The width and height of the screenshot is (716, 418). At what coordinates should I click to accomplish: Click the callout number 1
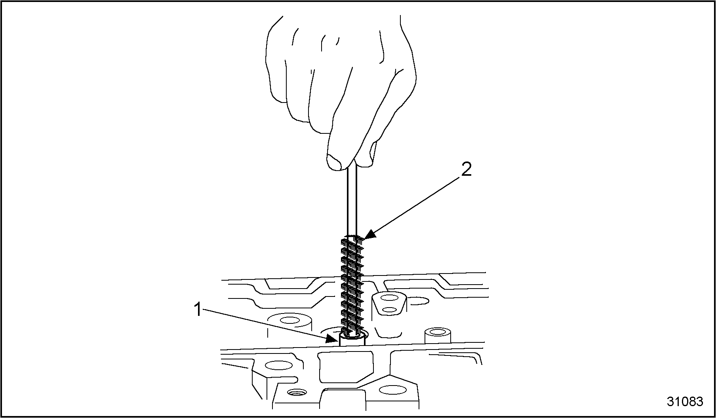pos(198,310)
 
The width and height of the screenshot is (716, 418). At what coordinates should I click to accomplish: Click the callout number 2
pos(466,170)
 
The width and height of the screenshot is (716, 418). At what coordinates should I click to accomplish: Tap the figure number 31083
pos(685,401)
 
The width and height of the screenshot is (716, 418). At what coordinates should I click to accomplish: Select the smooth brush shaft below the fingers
pos(352,200)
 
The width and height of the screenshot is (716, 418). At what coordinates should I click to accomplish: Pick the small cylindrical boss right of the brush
pos(438,336)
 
